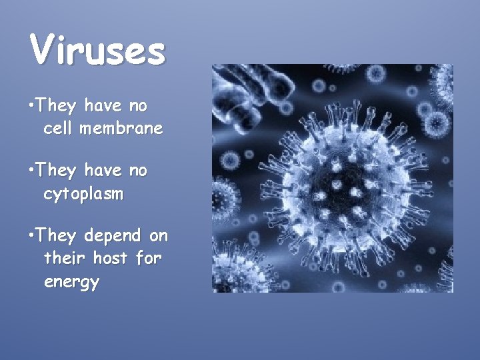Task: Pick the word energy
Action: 71,282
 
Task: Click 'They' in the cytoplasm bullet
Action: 56,171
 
